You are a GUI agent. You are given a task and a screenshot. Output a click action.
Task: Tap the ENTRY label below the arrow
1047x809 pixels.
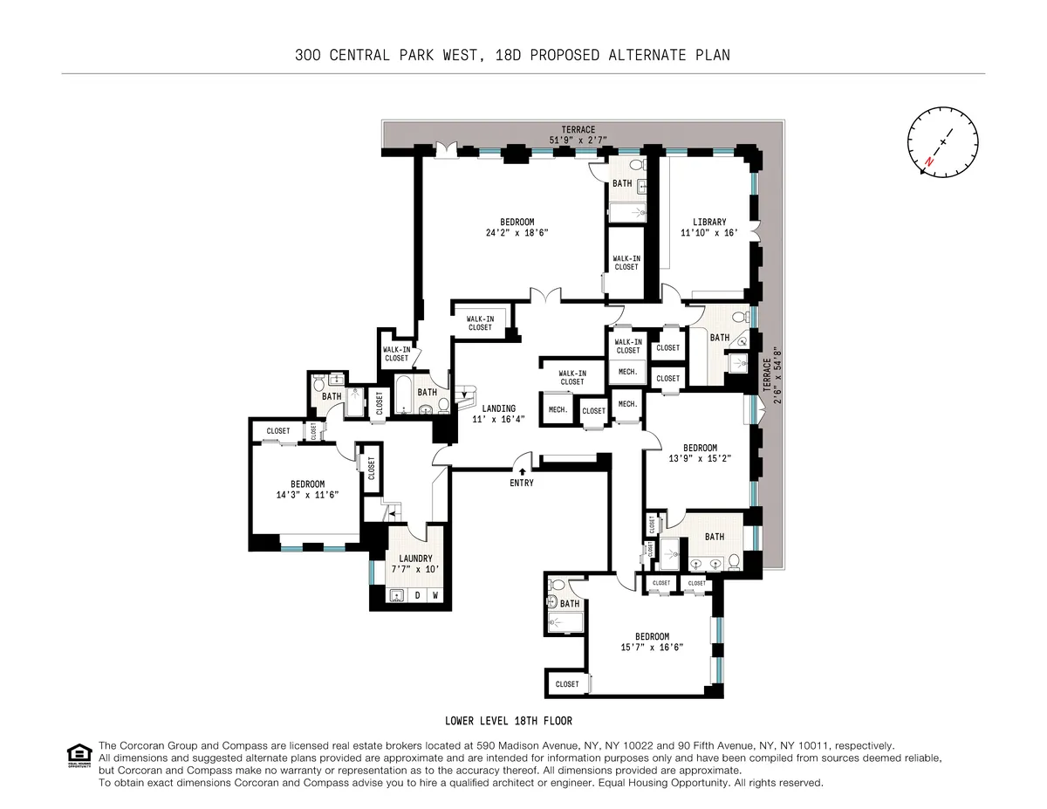[x=522, y=483]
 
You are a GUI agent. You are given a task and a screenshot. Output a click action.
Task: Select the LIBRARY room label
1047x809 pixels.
[x=703, y=223]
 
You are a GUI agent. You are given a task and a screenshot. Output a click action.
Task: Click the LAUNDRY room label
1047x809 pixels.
[x=415, y=559]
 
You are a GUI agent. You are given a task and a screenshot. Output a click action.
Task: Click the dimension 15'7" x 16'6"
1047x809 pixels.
[x=652, y=648]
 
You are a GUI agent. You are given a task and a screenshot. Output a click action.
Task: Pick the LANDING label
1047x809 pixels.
[x=499, y=408]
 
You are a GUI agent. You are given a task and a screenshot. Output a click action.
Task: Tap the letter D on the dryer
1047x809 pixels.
[x=417, y=597]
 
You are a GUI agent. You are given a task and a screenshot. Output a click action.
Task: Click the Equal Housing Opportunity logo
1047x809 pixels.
[x=79, y=755]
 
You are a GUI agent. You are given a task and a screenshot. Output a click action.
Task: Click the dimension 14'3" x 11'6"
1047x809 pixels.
[x=307, y=495]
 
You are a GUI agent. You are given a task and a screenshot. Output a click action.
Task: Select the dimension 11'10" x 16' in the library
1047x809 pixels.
[x=703, y=233]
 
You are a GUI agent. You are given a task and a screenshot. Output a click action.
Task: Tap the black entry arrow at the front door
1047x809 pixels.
[x=522, y=470]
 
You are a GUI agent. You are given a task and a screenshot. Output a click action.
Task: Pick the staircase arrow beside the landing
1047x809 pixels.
[x=465, y=394]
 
